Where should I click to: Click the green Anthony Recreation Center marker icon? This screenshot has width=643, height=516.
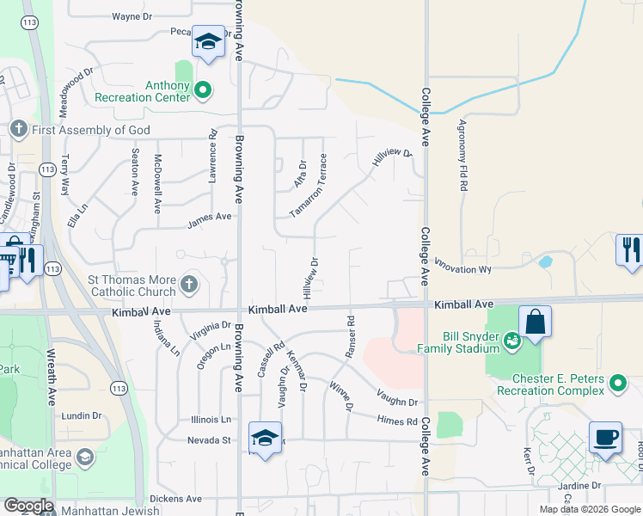203,89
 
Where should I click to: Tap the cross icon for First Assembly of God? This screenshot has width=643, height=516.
19,129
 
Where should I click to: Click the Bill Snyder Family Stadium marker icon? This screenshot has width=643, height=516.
512,340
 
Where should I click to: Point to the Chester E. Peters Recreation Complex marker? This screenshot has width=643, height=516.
616,383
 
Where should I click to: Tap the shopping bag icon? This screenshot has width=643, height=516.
535,322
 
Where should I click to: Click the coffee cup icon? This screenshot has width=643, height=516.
605,437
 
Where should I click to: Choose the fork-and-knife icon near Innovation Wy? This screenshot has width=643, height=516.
630,250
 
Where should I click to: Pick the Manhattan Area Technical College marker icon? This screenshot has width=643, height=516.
84,456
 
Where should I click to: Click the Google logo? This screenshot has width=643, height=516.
29,506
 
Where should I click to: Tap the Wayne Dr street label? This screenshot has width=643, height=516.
132,15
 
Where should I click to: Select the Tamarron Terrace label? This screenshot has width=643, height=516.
308,185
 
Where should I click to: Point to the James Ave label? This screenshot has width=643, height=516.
210,221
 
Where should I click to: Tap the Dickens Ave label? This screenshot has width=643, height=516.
175,498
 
